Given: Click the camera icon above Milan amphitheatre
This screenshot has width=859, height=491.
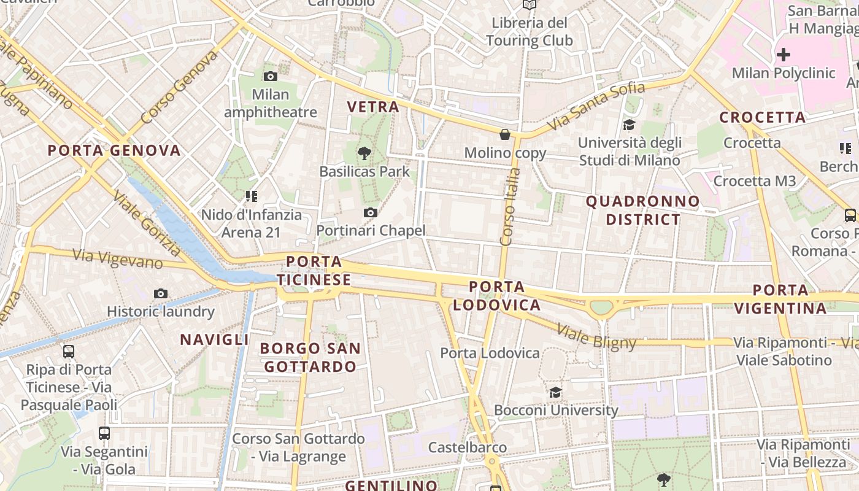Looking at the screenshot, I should [270, 77].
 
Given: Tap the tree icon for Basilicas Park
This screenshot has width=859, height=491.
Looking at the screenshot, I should [364, 153].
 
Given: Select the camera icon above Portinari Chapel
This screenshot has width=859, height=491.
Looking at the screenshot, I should [370, 212].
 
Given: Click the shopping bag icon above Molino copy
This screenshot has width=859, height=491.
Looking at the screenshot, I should [505, 134].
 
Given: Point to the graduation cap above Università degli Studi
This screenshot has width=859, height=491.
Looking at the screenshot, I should [630, 125].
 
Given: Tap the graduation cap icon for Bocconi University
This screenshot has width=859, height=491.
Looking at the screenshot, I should [555, 392].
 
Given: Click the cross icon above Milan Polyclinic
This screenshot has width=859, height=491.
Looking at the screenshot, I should [783, 55].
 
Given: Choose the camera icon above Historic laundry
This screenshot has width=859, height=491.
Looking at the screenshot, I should [161, 293].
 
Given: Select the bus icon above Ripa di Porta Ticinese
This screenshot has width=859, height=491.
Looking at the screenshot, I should [69, 352].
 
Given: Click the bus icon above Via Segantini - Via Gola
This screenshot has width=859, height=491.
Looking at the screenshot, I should [104, 433].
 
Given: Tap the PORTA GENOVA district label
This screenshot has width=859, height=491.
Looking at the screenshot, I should [114, 150].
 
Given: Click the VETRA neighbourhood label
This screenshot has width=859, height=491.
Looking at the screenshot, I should [373, 107].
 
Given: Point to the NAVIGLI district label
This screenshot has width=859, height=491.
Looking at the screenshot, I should [214, 339].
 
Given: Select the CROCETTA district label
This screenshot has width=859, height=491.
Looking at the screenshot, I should [762, 117].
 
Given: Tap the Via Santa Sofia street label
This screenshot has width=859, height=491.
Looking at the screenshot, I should [596, 106].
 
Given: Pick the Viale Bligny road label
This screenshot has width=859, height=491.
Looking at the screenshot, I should [596, 338].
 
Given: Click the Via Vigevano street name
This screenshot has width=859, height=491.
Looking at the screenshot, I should [118, 258].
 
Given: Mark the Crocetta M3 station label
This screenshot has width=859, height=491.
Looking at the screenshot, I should [754, 181].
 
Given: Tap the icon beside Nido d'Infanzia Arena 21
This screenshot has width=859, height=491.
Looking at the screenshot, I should [251, 196].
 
